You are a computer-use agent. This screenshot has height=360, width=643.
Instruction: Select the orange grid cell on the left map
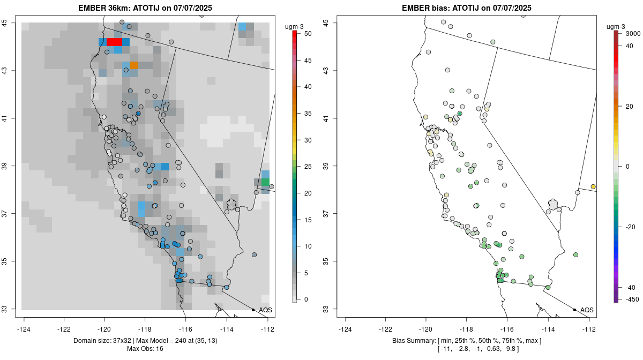pos(133,65)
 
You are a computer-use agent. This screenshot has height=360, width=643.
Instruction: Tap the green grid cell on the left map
pos(265,182)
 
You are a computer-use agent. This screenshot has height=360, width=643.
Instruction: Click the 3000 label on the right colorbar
pos(633,34)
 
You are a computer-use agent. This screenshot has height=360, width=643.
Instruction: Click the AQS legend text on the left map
pos(265,310)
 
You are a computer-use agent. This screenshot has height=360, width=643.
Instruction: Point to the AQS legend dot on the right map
pos(574,310)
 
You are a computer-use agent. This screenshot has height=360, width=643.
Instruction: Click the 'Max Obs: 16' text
pos(145,349)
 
